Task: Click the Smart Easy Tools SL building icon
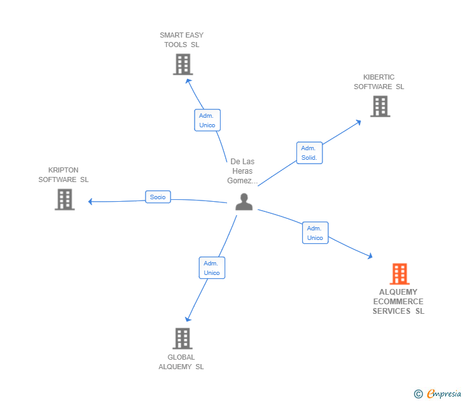point(183,64)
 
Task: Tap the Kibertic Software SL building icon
point(380,106)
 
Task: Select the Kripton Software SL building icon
point(64,199)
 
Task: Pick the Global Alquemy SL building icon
point(182,338)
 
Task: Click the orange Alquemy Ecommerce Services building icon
point(399,274)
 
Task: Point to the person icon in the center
point(244,202)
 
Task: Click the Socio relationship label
point(158,197)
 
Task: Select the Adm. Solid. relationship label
point(309,153)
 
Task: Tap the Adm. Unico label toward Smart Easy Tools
point(207,120)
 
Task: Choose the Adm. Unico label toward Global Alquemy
point(212,268)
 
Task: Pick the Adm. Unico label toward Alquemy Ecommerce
point(315,233)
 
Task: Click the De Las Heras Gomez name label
point(242,171)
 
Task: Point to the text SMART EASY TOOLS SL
point(182,39)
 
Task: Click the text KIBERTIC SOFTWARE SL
point(379,82)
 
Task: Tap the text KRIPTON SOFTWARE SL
point(64,175)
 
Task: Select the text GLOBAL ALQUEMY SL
point(181,362)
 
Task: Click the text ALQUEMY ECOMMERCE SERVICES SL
point(398,302)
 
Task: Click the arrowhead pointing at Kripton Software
point(90,202)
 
